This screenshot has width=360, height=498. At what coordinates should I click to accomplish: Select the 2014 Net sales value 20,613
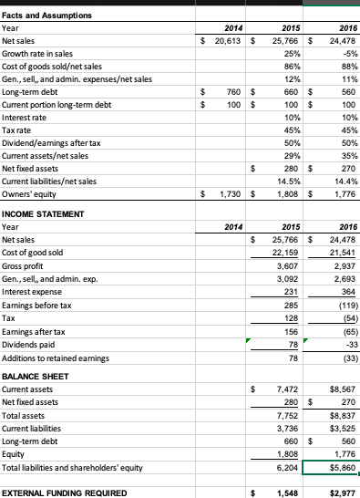click(223, 42)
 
